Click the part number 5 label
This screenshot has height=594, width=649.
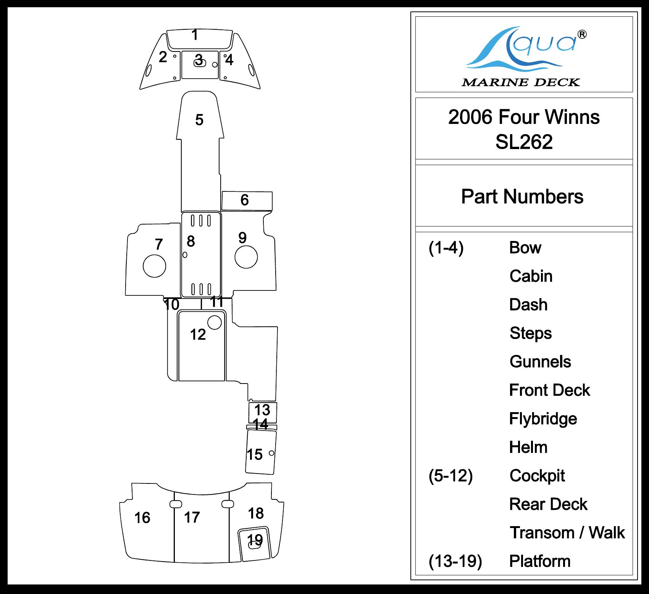click(199, 120)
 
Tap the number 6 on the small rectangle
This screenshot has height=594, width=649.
click(245, 200)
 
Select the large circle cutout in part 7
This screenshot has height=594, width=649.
click(154, 266)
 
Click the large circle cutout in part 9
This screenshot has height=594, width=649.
click(246, 257)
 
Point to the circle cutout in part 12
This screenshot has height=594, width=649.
click(215, 322)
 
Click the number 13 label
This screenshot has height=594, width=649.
click(262, 410)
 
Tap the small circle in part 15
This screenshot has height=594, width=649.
click(271, 453)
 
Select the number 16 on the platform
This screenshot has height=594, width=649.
click(142, 518)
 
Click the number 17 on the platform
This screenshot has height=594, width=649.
click(192, 517)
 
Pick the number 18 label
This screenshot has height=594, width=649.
click(256, 514)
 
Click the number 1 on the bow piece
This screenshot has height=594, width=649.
click(195, 35)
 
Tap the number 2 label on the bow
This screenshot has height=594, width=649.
click(163, 57)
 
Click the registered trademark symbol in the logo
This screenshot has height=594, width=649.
click(582, 35)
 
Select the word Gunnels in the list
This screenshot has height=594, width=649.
click(540, 362)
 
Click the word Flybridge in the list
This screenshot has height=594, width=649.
click(543, 419)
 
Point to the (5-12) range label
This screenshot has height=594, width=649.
click(450, 476)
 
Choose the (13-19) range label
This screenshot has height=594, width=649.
click(455, 561)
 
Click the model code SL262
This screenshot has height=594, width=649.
click(524, 142)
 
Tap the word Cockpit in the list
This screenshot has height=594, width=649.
click(537, 476)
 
